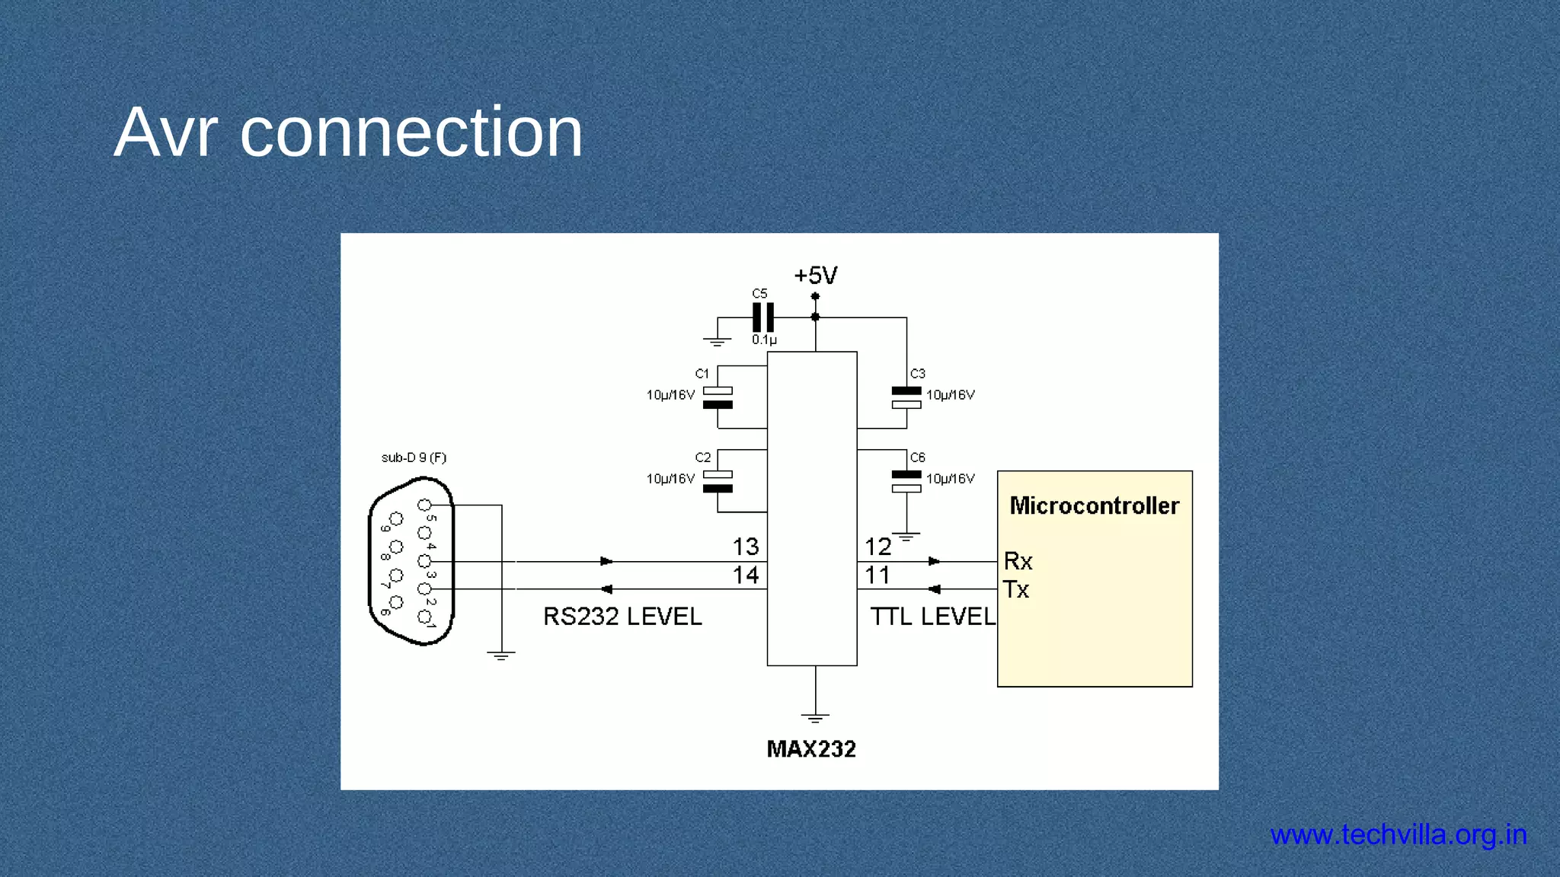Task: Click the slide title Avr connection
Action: pos(348,132)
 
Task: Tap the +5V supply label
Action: pos(815,276)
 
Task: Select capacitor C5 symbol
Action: pos(763,317)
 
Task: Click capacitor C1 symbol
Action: pos(718,398)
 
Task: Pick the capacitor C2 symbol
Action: pos(718,482)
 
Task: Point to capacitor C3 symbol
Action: pos(906,398)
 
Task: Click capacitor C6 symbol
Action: pos(906,482)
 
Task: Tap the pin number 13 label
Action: pos(746,547)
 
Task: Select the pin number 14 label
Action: pos(746,576)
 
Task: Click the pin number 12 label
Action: pos(877,547)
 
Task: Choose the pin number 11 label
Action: pos(877,576)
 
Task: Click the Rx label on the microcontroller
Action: pos(1018,562)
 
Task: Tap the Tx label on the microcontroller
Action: pos(1016,590)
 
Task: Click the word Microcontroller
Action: pos(1094,506)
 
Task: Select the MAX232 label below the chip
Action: pos(811,749)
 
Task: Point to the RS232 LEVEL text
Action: pos(622,617)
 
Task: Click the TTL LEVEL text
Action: pos(932,617)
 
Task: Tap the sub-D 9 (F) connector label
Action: pos(414,458)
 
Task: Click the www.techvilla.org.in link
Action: pos(1399,835)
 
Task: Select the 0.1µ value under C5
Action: pos(764,340)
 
